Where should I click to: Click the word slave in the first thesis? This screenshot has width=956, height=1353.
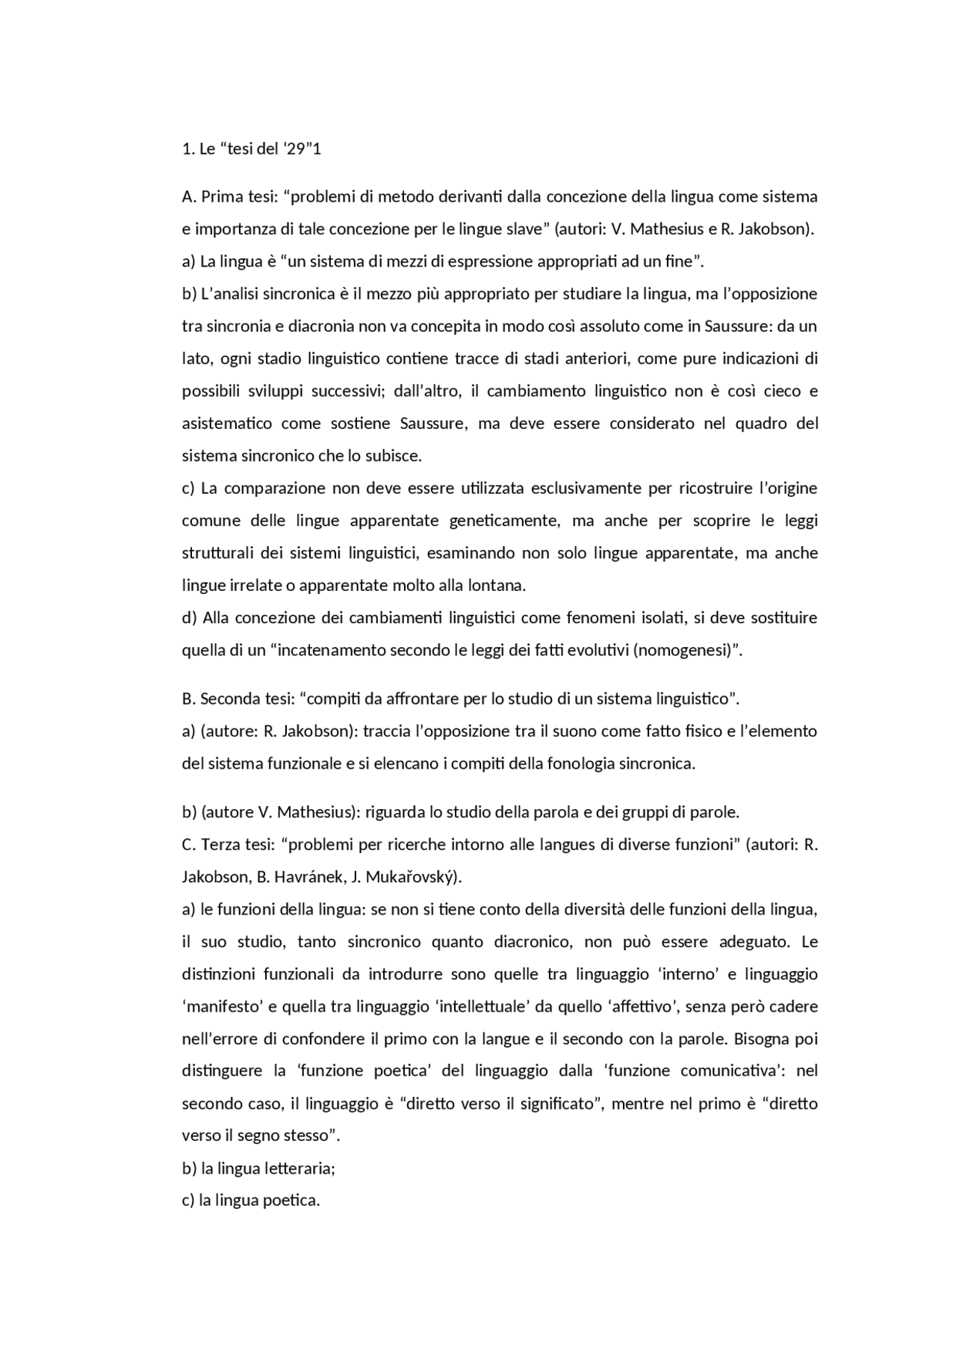tap(522, 229)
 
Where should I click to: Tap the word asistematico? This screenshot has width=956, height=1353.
tap(227, 424)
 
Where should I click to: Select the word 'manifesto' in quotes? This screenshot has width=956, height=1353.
tap(220, 1006)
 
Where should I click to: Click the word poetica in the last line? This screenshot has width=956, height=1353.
tap(291, 1201)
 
